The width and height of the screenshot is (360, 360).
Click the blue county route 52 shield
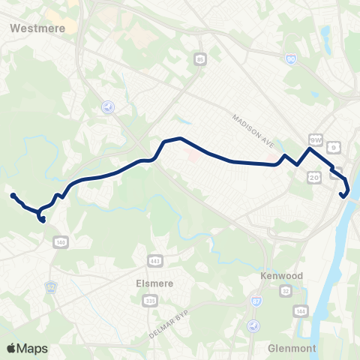pyautogui.click(x=51, y=287)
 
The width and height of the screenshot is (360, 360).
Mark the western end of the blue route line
pyautogui.click(x=13, y=196)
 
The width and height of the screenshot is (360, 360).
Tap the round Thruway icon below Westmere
pyautogui.click(x=108, y=106)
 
